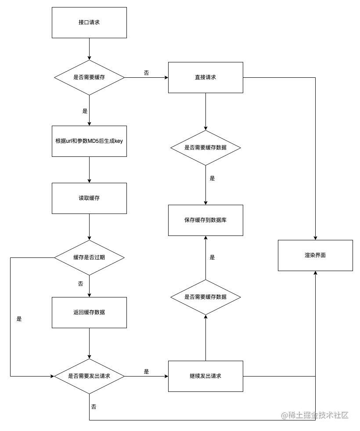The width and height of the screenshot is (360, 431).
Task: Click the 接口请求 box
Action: click(x=89, y=22)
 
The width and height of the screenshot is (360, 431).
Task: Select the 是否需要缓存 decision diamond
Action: click(x=89, y=77)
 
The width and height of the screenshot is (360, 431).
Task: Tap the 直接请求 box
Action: click(x=205, y=77)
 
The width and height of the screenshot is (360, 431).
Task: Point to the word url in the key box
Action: click(x=69, y=141)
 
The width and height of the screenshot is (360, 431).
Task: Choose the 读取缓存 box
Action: click(x=89, y=198)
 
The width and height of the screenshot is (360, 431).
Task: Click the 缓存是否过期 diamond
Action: click(x=89, y=257)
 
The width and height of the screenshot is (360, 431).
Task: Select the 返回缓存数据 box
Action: click(x=89, y=312)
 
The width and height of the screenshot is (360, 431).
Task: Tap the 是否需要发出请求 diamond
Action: click(x=89, y=377)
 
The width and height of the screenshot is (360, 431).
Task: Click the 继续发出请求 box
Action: click(x=205, y=376)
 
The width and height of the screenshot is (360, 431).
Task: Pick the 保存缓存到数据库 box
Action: click(x=205, y=220)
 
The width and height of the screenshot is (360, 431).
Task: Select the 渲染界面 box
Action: click(x=315, y=255)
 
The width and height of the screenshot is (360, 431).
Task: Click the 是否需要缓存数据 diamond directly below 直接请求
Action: click(x=205, y=148)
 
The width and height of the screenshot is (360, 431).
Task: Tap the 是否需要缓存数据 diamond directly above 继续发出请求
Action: click(x=205, y=297)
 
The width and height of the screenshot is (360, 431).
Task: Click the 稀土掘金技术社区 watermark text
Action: click(x=318, y=415)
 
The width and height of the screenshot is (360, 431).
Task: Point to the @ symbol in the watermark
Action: click(x=284, y=415)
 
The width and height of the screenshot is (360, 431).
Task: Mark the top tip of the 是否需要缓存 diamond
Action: click(x=89, y=60)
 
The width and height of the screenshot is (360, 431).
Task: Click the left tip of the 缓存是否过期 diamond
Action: click(x=55, y=257)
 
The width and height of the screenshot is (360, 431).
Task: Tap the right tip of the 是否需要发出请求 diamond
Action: click(x=124, y=377)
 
